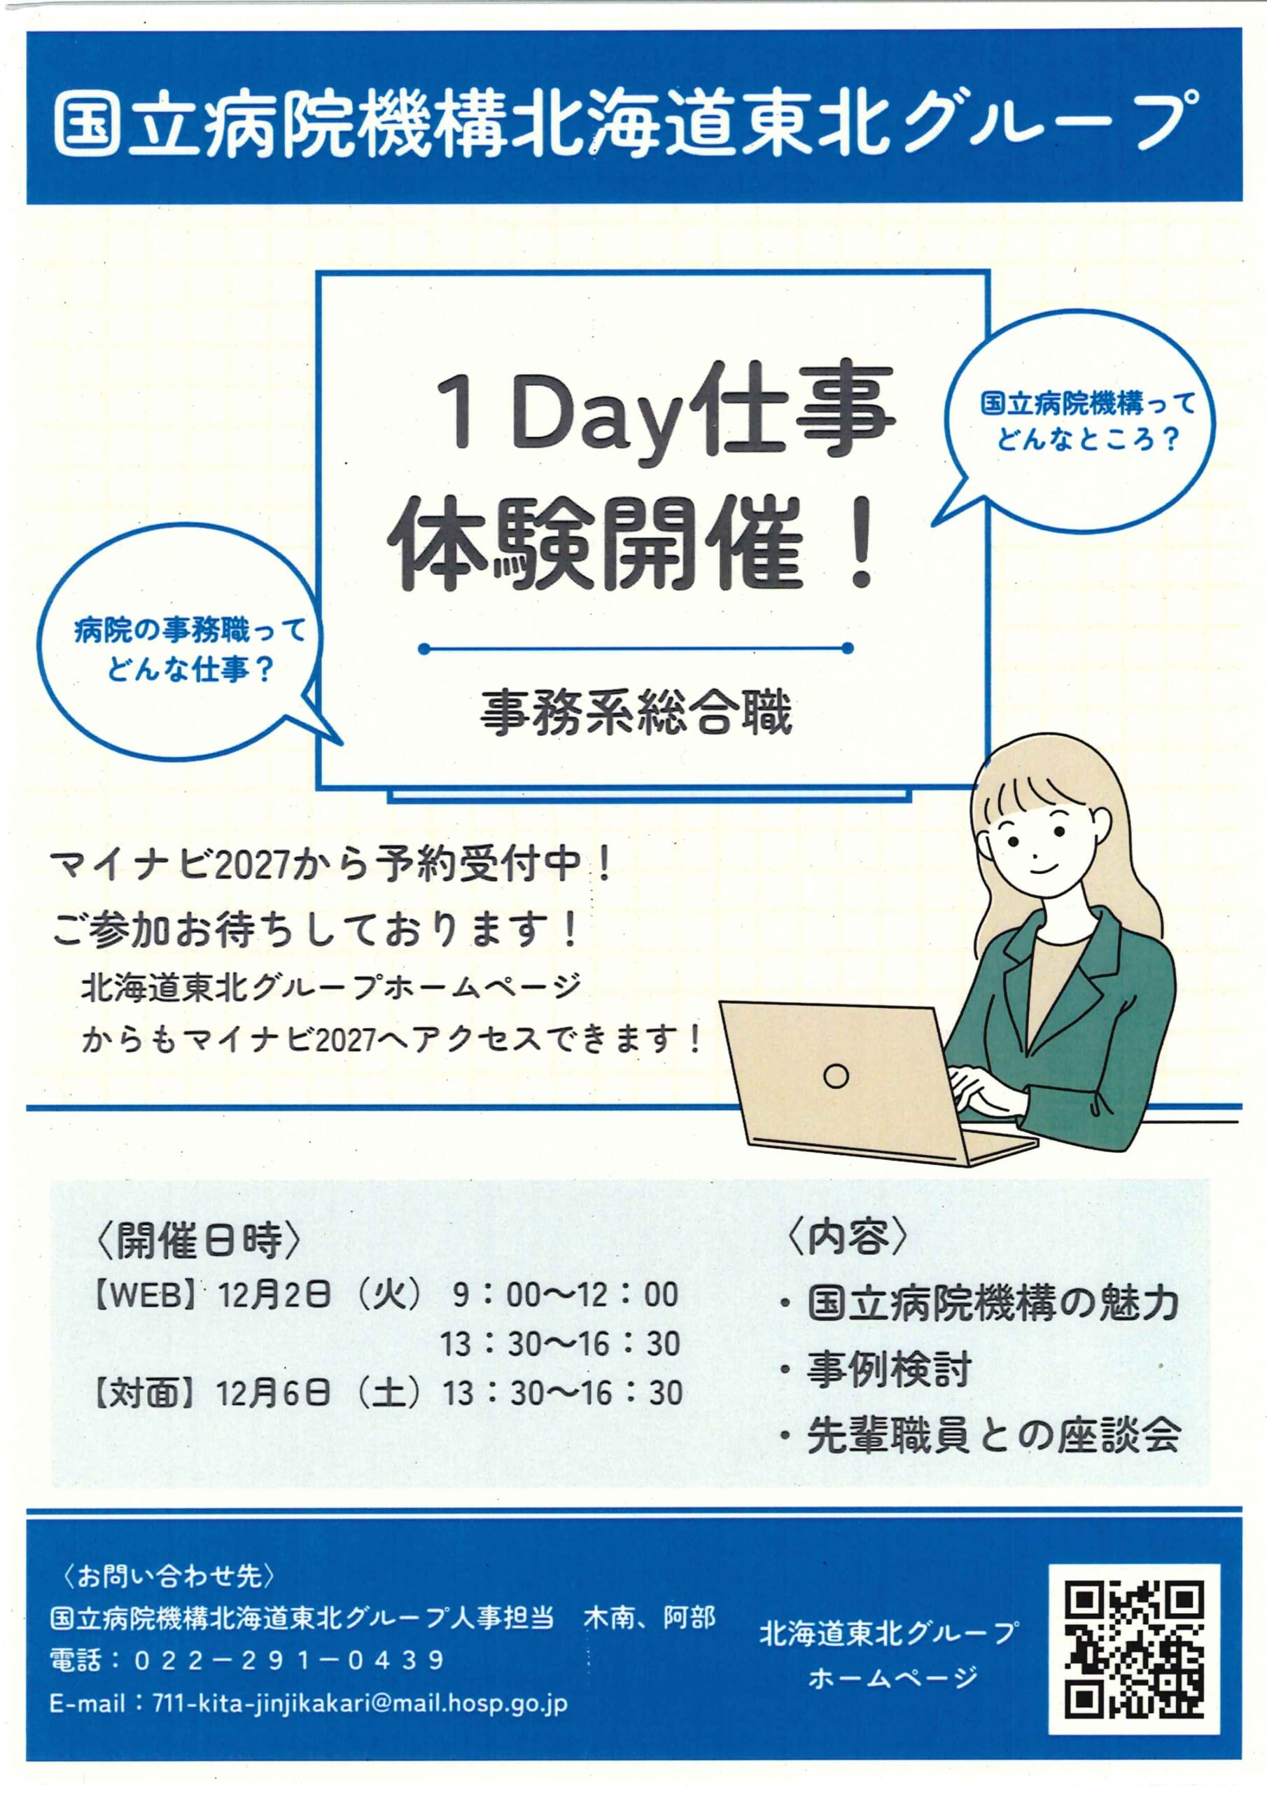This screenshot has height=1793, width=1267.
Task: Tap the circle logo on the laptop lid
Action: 836,1076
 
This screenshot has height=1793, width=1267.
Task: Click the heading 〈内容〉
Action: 848,1236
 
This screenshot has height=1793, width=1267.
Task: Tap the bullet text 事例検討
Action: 889,1369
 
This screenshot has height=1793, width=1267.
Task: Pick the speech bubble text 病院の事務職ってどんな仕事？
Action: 190,650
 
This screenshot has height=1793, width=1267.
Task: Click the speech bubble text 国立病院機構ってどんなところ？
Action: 1088,421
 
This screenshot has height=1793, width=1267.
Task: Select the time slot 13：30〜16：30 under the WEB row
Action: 560,1344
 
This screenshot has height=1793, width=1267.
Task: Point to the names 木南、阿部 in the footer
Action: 650,1617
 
